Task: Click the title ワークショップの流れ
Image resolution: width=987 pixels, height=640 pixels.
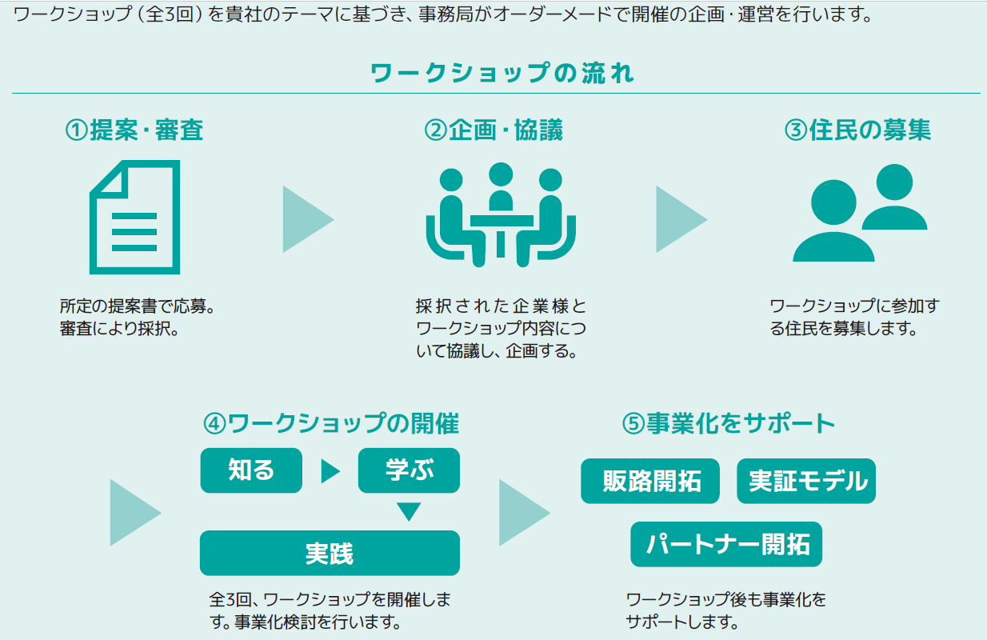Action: click(x=501, y=73)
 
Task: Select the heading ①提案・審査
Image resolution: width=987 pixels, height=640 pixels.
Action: click(x=134, y=130)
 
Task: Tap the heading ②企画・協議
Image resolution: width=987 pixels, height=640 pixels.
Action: click(x=493, y=130)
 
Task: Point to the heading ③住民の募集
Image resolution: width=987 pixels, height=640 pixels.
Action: click(x=857, y=130)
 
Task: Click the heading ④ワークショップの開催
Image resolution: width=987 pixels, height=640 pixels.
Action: click(x=331, y=423)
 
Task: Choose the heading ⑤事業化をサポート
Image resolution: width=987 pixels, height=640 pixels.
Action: click(x=728, y=423)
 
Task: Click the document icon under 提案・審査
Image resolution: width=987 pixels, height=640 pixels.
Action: click(x=135, y=218)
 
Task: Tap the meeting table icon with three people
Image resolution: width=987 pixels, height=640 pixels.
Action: click(x=501, y=214)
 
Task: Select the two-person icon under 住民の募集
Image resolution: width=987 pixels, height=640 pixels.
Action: click(x=860, y=213)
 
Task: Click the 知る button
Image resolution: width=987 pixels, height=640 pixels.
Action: click(x=251, y=470)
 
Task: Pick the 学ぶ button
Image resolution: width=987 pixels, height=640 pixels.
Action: click(x=409, y=470)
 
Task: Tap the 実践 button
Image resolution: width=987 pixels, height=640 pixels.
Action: click(x=330, y=553)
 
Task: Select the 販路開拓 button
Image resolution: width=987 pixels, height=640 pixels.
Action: click(x=650, y=481)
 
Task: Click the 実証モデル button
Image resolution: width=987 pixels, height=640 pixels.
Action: click(x=806, y=481)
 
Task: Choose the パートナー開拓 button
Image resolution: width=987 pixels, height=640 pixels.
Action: click(x=726, y=544)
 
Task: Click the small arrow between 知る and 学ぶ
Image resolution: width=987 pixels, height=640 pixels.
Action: click(x=330, y=471)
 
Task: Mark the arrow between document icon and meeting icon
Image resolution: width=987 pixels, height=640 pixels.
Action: click(x=308, y=219)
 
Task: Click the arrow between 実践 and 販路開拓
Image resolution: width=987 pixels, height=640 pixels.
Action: click(x=523, y=513)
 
